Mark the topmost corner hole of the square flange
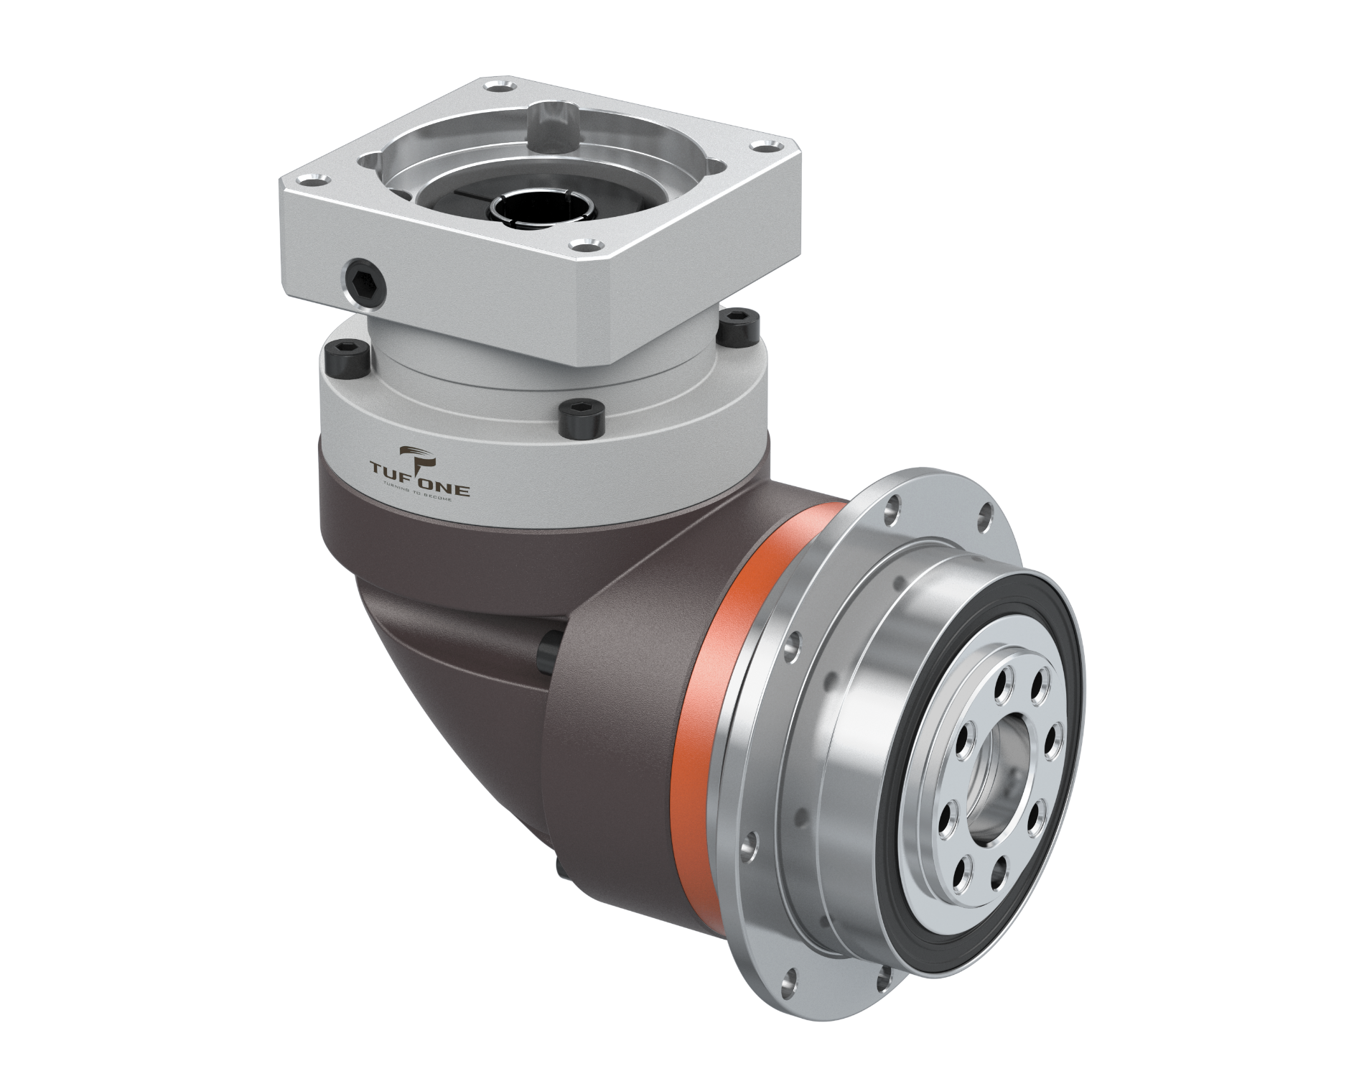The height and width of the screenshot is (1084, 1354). (x=494, y=88)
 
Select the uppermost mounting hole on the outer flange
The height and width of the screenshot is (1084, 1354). (x=892, y=509)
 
